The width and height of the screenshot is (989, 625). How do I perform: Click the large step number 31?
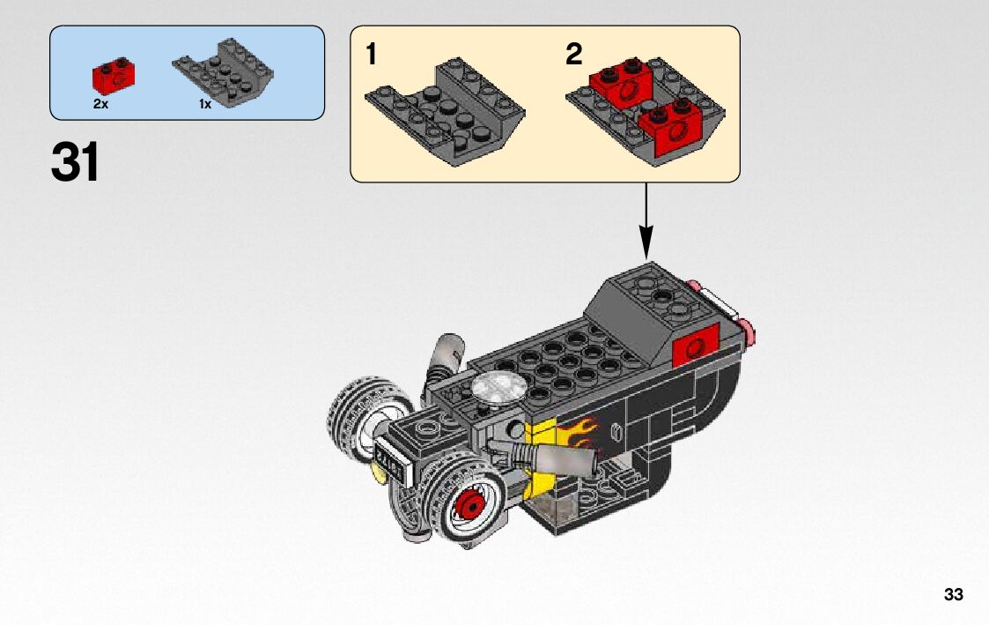click(75, 162)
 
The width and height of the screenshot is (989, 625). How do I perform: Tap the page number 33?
click(954, 595)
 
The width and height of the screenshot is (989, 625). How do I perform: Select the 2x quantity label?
click(101, 104)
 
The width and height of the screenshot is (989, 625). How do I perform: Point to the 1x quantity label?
click(205, 104)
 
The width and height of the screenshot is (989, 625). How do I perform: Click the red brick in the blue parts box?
click(114, 76)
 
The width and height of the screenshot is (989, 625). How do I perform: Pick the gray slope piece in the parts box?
click(223, 72)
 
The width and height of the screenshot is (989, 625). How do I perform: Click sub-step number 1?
click(372, 55)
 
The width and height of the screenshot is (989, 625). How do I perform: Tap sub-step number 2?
click(573, 55)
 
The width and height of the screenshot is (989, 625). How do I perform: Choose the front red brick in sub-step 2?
click(672, 126)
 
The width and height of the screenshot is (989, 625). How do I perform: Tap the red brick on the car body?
click(696, 346)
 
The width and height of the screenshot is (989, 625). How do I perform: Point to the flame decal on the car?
click(577, 432)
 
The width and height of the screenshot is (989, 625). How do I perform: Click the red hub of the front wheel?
click(470, 504)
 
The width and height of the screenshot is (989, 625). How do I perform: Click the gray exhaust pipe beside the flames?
click(555, 459)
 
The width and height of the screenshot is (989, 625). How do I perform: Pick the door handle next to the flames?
click(616, 433)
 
